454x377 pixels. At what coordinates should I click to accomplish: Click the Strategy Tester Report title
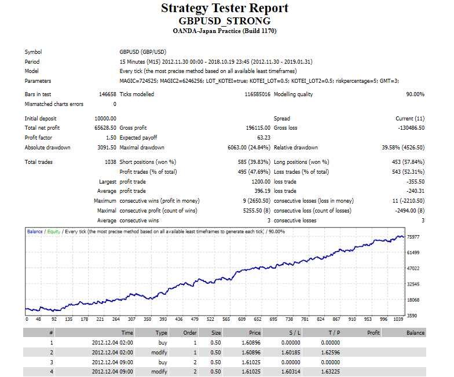tap(224, 8)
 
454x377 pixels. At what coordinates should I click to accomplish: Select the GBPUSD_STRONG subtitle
tap(224, 20)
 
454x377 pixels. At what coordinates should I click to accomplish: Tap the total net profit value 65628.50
tap(105, 127)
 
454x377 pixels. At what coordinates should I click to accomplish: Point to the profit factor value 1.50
tap(110, 137)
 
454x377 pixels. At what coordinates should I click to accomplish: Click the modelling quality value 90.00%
tap(415, 94)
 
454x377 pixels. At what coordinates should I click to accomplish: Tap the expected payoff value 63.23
tap(263, 137)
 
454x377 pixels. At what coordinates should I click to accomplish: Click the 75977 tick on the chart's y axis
tap(413, 237)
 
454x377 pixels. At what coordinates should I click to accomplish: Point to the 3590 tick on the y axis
tap(412, 316)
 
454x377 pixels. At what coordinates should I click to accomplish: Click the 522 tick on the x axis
tap(210, 319)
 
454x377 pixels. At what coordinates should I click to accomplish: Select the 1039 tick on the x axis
tap(398, 319)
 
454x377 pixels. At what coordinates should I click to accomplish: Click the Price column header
tap(254, 333)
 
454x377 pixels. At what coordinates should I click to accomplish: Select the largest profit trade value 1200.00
tap(258, 182)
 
